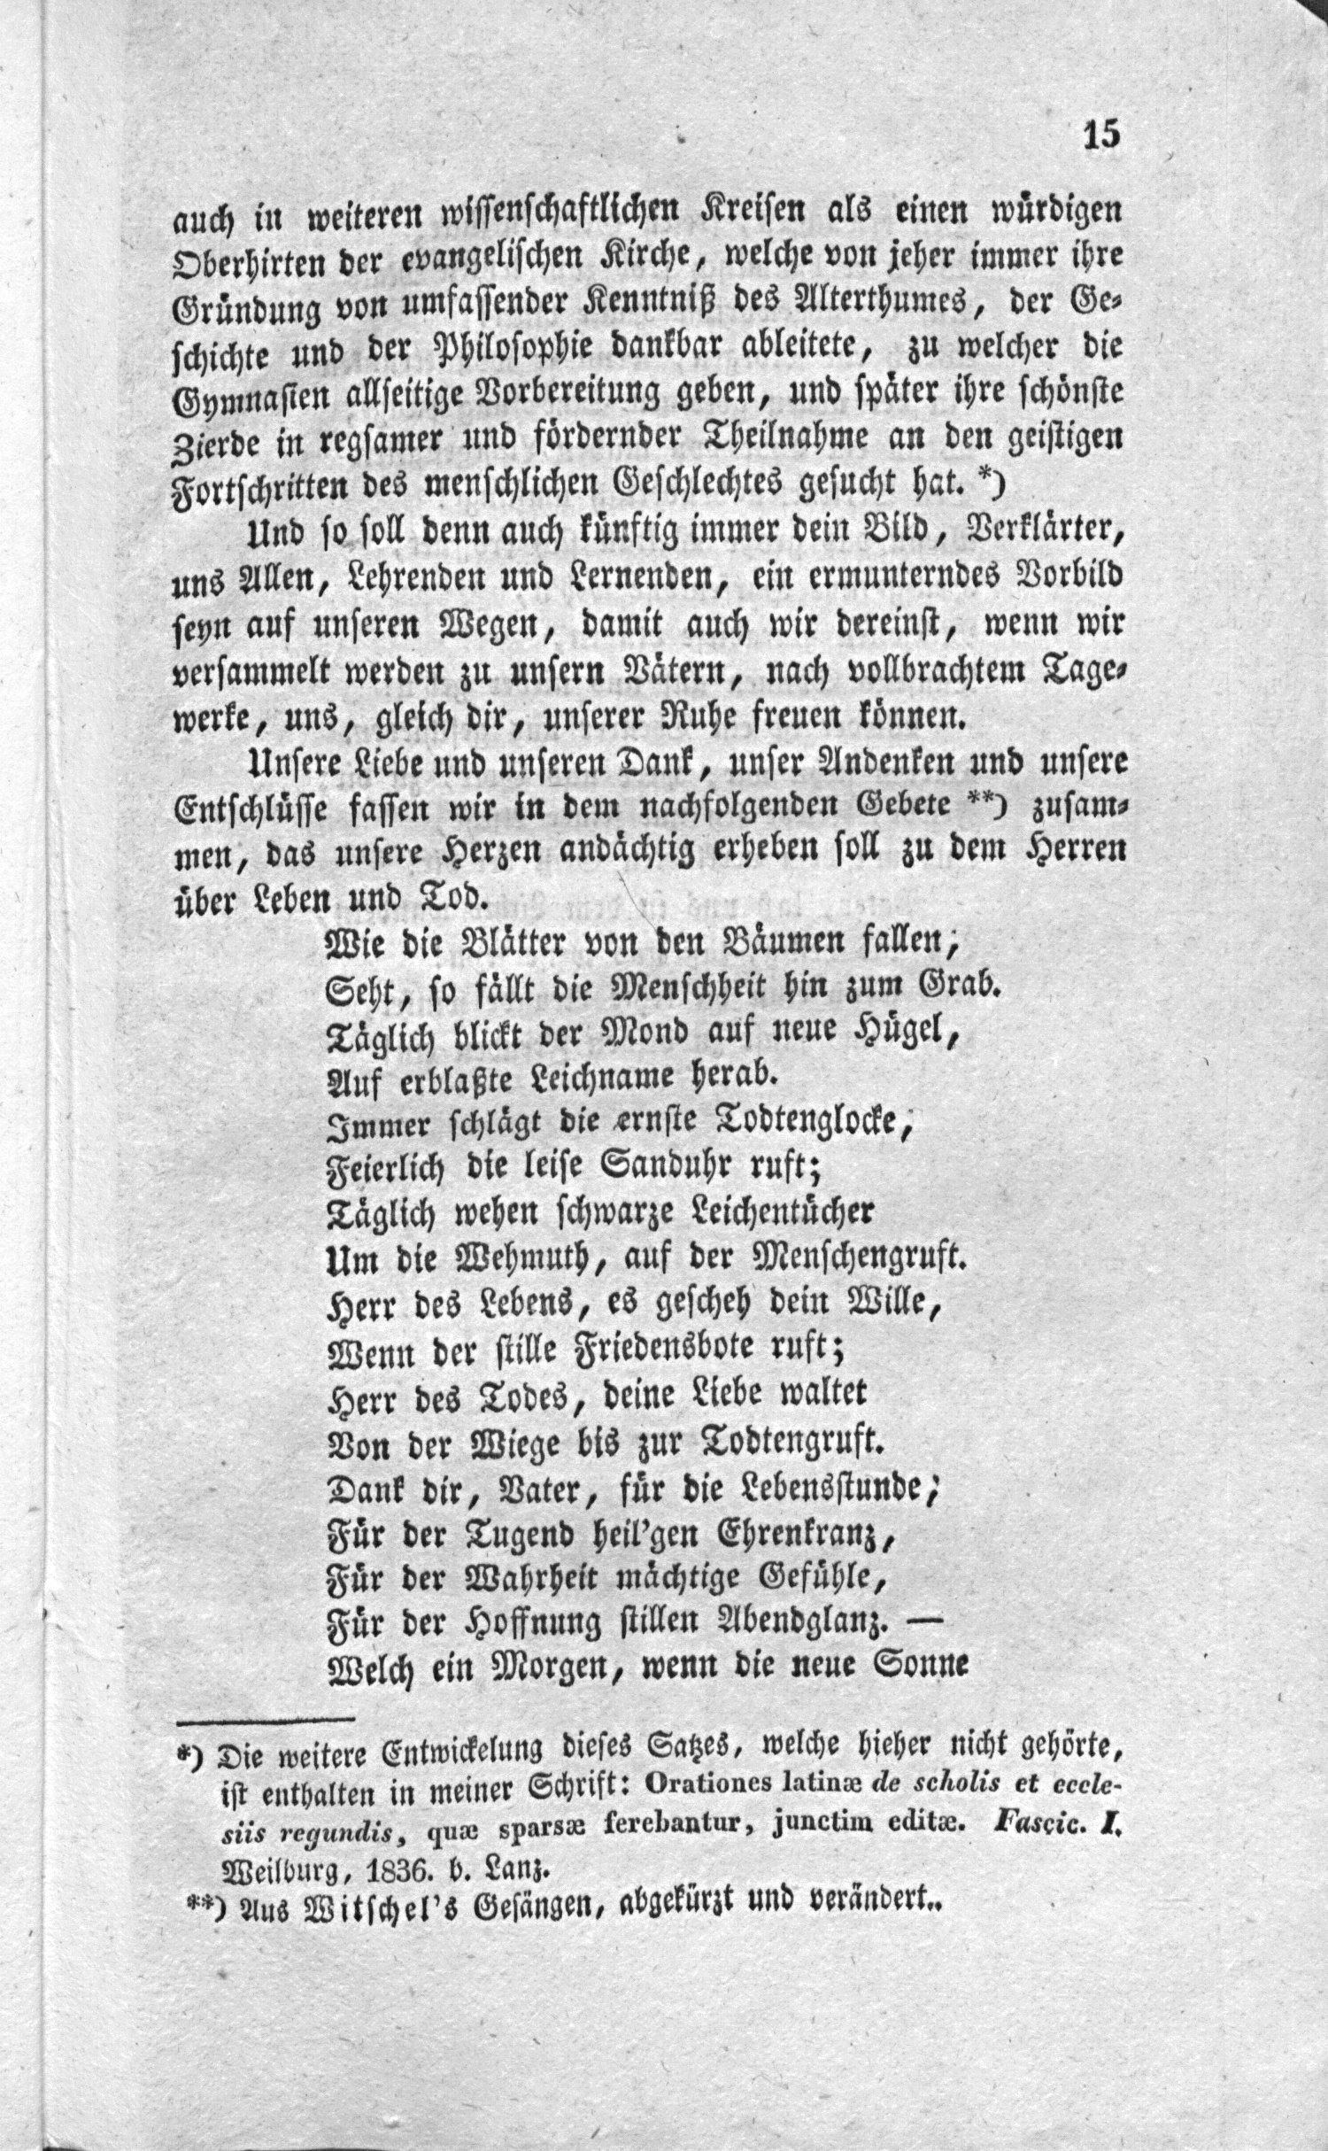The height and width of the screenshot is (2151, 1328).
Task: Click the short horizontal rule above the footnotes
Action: point(266,1722)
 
